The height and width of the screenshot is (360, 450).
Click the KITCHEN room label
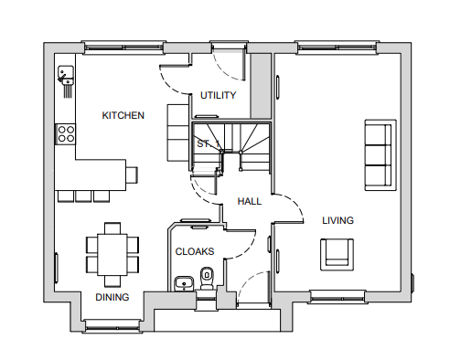[x=123, y=115]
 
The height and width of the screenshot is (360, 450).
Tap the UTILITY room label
[x=218, y=95]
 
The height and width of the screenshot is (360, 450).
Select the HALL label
[x=250, y=201]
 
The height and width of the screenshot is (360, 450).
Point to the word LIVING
[x=337, y=220]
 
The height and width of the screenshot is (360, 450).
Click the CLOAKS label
[x=195, y=251]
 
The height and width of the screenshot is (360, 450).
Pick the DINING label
[x=112, y=297]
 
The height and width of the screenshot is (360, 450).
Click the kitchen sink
[x=66, y=75]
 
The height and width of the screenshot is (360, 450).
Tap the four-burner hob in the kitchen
[x=66, y=134]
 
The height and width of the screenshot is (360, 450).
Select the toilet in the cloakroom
[x=207, y=279]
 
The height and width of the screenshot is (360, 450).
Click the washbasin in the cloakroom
[x=184, y=283]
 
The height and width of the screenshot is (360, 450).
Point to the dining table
[x=112, y=255]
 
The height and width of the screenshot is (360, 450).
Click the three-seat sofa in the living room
[x=380, y=155]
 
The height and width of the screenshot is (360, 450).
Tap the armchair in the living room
[x=337, y=255]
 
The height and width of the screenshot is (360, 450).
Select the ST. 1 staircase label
[x=209, y=143]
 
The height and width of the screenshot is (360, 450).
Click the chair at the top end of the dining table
[x=112, y=228]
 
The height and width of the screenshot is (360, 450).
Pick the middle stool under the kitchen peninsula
[x=83, y=196]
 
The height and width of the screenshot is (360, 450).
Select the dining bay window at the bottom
[x=112, y=325]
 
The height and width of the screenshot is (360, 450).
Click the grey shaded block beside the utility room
[x=261, y=86]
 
